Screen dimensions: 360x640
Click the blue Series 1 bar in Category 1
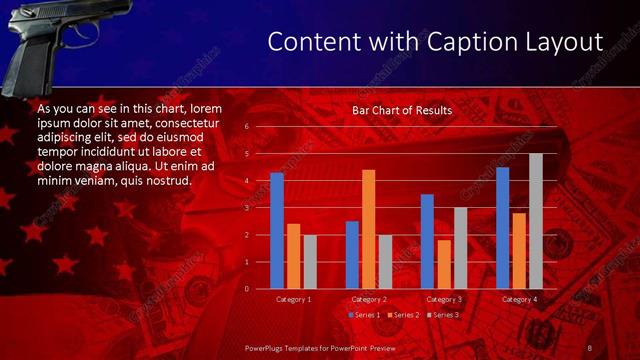click(x=277, y=231)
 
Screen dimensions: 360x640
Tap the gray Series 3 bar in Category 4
click(x=535, y=221)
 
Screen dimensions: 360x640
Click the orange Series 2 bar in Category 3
click(x=443, y=264)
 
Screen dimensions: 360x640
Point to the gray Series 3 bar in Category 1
click(x=309, y=262)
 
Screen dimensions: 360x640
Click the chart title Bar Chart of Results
click(x=401, y=110)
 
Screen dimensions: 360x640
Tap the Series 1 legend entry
click(x=363, y=315)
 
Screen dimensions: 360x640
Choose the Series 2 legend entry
click(x=402, y=315)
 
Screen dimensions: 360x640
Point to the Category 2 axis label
click(x=368, y=299)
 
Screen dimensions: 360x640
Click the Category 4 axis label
click(x=518, y=299)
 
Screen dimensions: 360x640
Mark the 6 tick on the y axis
click(x=246, y=127)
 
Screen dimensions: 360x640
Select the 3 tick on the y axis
click(x=246, y=208)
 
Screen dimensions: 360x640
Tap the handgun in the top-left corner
click(x=60, y=40)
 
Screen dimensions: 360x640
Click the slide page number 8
click(x=589, y=346)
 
